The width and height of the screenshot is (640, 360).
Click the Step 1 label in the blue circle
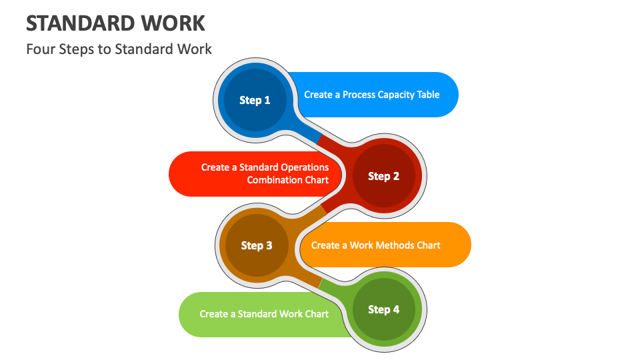click(x=255, y=100)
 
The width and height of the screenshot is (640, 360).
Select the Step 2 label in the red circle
click(x=383, y=176)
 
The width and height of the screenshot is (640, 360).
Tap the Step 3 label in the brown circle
click(x=256, y=245)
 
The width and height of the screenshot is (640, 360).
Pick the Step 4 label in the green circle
click(x=383, y=309)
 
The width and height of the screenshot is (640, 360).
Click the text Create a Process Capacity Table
click(x=371, y=95)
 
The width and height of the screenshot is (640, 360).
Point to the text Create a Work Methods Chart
click(x=375, y=245)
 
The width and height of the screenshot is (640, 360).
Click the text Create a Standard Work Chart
click(x=264, y=314)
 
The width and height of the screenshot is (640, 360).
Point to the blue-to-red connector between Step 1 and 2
click(x=319, y=138)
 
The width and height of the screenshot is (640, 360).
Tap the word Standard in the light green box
click(x=257, y=314)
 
